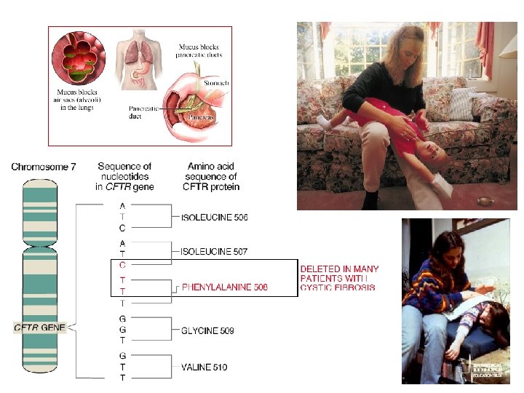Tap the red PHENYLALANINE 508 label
(225, 287)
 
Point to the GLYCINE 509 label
(208, 331)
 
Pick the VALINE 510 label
(205, 367)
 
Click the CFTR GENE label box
(39, 327)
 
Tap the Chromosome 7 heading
(43, 167)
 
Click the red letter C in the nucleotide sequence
(122, 265)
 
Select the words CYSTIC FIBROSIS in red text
(338, 287)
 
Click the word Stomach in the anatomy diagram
(216, 83)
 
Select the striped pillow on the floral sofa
(463, 103)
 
